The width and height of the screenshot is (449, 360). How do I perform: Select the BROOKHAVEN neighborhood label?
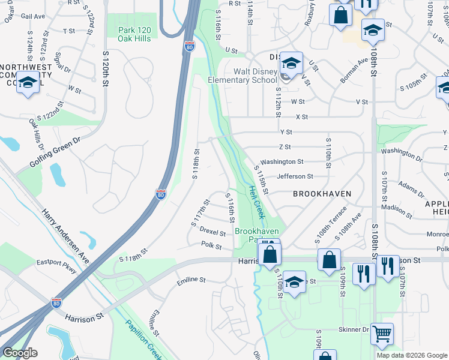click(x=321, y=194)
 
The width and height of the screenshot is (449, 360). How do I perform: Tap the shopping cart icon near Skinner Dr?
click(x=382, y=333)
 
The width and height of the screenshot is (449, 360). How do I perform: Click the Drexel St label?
click(x=212, y=232)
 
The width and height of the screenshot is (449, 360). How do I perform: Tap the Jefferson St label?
click(x=295, y=176)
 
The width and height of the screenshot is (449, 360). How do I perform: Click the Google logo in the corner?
click(x=20, y=353)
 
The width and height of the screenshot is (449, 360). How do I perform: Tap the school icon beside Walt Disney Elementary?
click(x=291, y=62)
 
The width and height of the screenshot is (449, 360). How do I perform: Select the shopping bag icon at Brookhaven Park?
click(x=270, y=253)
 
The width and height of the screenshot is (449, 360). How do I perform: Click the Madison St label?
click(x=397, y=208)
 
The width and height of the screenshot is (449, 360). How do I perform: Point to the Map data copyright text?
click(x=411, y=355)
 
